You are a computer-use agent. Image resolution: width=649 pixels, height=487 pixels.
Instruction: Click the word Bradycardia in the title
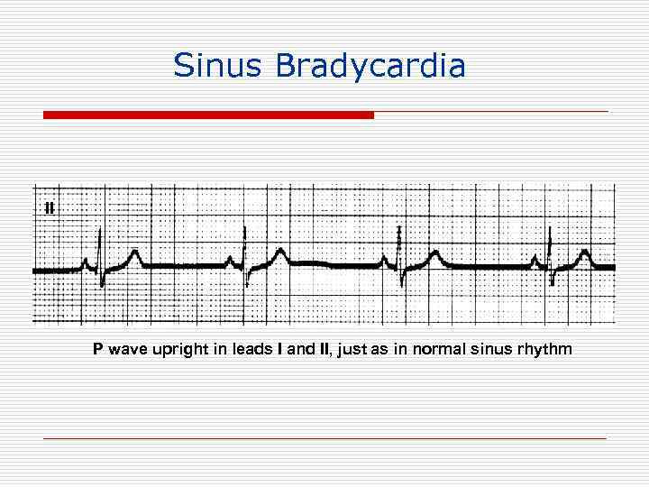point(371,65)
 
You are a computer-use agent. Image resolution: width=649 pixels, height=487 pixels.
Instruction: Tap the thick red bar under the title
point(208,115)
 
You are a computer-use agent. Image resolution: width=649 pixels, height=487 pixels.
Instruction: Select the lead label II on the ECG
point(49,207)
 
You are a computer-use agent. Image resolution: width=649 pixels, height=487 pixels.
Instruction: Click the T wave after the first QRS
point(134,256)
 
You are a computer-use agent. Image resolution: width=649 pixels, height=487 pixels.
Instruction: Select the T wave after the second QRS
point(281,255)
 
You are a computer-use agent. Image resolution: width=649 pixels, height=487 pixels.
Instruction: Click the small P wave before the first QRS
point(86,262)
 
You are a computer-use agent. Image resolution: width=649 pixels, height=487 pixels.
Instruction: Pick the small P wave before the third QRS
point(385,262)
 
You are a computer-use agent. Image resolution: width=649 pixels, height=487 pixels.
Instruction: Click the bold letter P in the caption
point(97,348)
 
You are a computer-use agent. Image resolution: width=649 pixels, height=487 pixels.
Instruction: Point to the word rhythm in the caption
point(543,349)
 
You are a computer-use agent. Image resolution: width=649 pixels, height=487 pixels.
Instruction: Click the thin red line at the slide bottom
point(324,437)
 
